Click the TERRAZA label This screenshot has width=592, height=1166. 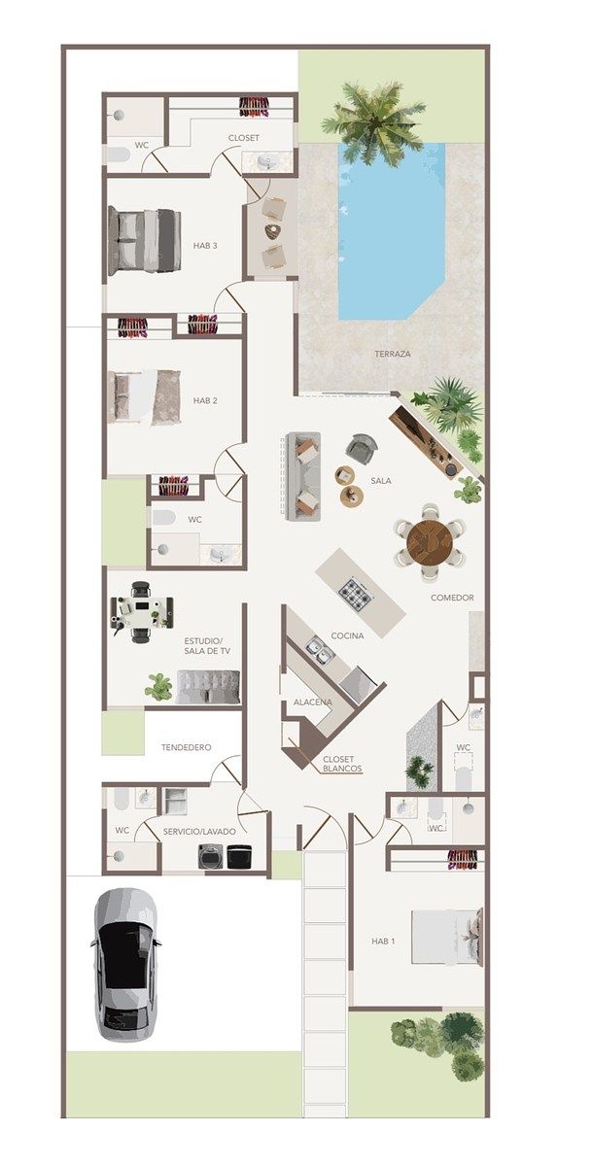click(393, 354)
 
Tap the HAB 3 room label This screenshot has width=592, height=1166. click(205, 246)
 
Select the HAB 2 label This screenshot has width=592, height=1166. click(205, 400)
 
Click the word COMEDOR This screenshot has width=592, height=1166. click(452, 598)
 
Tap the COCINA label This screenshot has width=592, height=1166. click(347, 635)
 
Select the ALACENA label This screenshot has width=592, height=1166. click(312, 703)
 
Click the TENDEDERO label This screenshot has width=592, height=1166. click(186, 747)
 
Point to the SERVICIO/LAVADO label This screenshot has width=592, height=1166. click(199, 832)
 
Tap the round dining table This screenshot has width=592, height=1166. click(430, 541)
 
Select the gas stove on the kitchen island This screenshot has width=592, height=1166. click(356, 596)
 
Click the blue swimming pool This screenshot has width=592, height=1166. click(391, 231)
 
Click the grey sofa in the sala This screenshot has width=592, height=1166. click(303, 476)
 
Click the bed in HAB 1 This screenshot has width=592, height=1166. click(447, 937)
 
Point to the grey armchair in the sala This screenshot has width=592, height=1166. click(363, 448)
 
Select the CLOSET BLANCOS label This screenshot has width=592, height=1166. click(342, 764)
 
